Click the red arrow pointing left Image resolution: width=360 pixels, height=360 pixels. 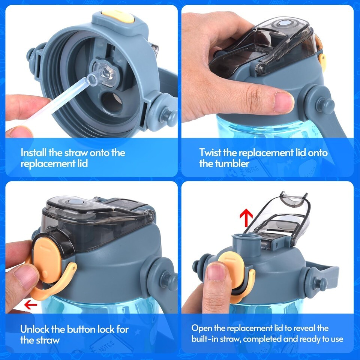30,305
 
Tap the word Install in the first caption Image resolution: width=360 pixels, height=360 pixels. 34,153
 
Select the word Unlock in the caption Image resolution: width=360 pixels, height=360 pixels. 34,329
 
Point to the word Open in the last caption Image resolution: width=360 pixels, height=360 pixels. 201,328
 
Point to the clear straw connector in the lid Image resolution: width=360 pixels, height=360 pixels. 103,75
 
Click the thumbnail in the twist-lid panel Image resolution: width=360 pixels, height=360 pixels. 283,103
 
